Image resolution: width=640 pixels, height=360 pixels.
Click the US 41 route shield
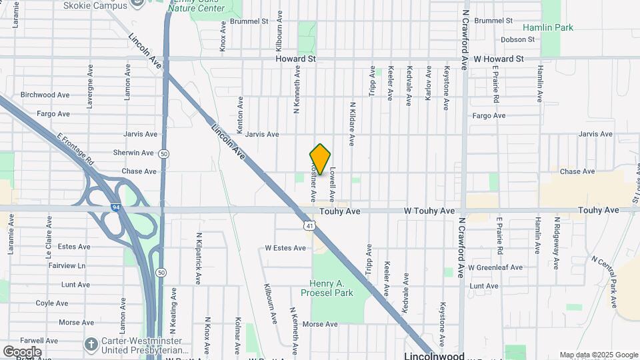(309, 226)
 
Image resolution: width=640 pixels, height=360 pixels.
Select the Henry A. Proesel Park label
(335, 288)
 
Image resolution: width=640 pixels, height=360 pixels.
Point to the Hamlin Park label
(548, 28)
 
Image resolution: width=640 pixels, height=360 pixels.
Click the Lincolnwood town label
(434, 355)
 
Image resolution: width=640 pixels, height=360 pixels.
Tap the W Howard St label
(499, 59)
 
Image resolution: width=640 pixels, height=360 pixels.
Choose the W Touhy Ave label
(429, 211)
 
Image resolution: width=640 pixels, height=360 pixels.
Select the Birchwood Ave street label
(45, 95)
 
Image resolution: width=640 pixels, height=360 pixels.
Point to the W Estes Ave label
(285, 248)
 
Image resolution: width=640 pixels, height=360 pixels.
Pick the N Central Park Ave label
(604, 281)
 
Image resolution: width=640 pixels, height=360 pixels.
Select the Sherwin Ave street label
(133, 153)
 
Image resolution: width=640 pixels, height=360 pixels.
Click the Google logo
(21, 351)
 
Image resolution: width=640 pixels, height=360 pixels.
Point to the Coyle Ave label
(52, 303)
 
